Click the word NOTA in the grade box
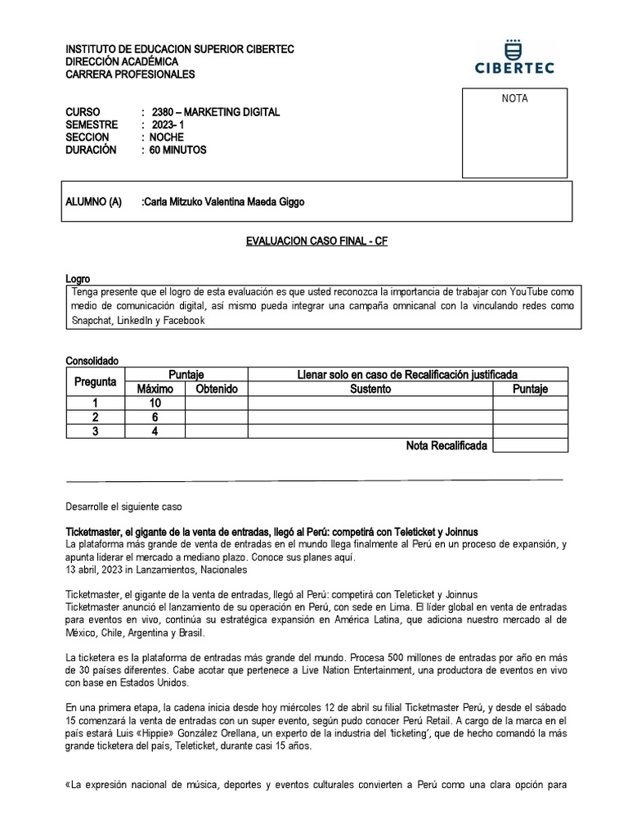click(x=514, y=99)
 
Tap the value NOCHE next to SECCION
click(x=167, y=137)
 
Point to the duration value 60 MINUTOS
click(x=178, y=151)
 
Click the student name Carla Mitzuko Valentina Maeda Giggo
click(x=222, y=202)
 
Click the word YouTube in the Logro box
click(x=532, y=292)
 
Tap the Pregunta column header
click(x=95, y=381)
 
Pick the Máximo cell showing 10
click(x=155, y=403)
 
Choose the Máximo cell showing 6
click(x=155, y=417)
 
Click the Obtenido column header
click(x=216, y=390)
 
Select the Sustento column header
click(x=370, y=390)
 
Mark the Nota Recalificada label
click(x=446, y=446)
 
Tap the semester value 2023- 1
click(x=169, y=124)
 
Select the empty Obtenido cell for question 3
click(x=216, y=431)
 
